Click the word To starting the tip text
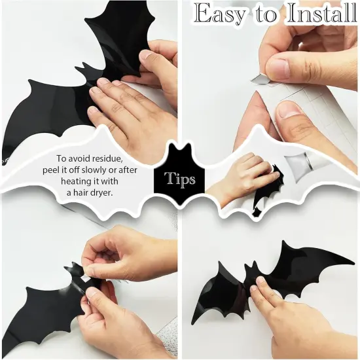[61, 158]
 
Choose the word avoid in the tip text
[80, 158]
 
